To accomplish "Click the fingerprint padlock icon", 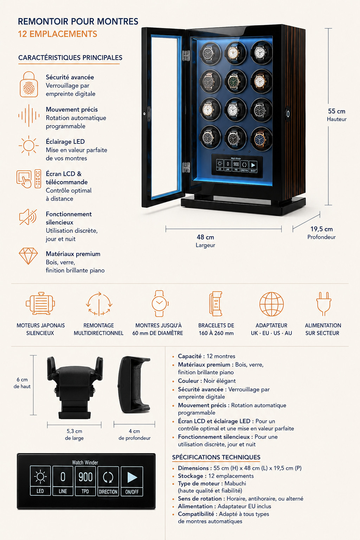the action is tap(29, 84).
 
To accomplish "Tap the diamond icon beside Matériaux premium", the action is tap(28, 256).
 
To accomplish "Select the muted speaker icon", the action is tap(28, 217).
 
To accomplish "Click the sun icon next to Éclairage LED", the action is tap(29, 145).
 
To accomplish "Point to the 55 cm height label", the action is tap(336, 115).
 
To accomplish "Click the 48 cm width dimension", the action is tap(205, 240).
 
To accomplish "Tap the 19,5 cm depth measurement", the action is tap(321, 233).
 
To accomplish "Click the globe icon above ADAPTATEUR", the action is tap(271, 304).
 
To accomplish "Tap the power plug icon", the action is tap(324, 304).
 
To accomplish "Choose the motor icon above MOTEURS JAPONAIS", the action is tap(40, 303).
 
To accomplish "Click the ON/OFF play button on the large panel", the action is tap(132, 481).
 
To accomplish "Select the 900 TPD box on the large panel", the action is tap(85, 481).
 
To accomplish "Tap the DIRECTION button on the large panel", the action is tap(108, 481).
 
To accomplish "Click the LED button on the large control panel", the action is tap(40, 481).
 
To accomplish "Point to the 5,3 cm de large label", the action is tap(74, 435).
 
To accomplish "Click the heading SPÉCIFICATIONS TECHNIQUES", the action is tap(216, 457).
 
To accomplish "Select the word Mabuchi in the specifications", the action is tap(235, 483).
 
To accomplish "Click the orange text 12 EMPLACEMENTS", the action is tap(58, 34).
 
